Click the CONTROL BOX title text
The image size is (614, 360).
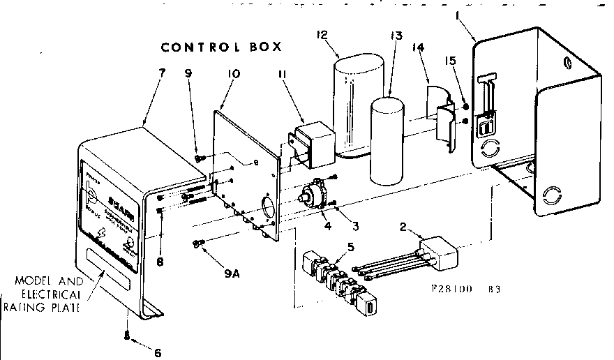(220, 47)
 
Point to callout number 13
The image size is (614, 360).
(396, 37)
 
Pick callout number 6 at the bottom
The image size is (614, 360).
(157, 352)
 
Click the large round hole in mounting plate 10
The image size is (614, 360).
(269, 207)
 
